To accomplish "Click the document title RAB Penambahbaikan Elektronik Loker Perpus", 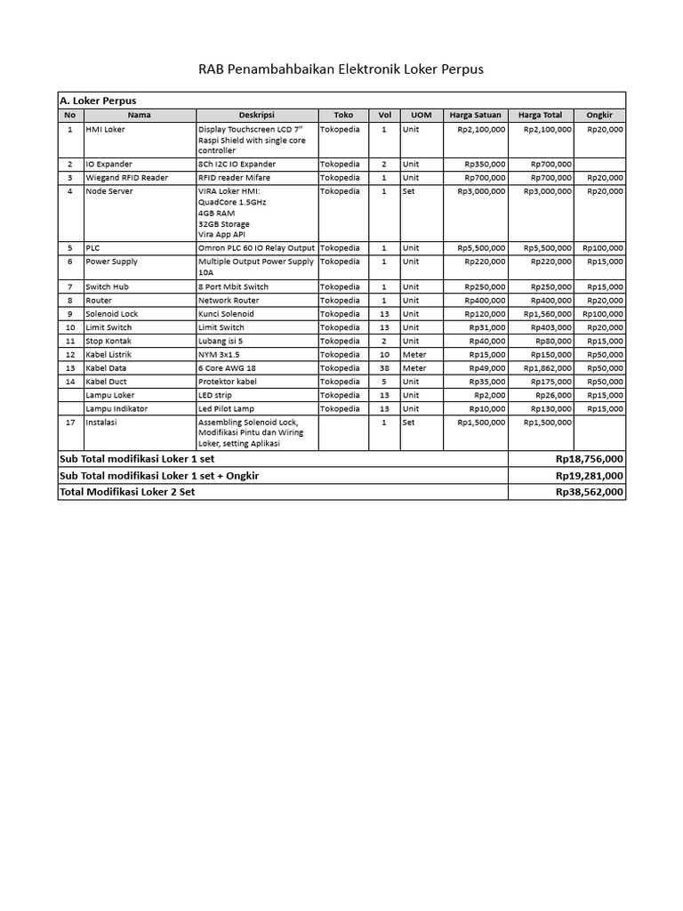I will pyautogui.click(x=341, y=69).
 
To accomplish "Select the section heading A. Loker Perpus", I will pyautogui.click(x=97, y=101).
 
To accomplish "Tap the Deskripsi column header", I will pyautogui.click(x=256, y=115).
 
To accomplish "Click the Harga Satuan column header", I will pyautogui.click(x=475, y=115).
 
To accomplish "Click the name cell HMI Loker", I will pyautogui.click(x=105, y=129).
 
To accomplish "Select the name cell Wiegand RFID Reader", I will pyautogui.click(x=126, y=178).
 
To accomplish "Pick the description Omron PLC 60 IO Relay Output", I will pyautogui.click(x=256, y=247).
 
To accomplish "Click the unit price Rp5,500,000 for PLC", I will pyautogui.click(x=481, y=247).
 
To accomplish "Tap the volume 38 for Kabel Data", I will pyautogui.click(x=384, y=367).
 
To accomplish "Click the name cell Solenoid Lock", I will pyautogui.click(x=111, y=314).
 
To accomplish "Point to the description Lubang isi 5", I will pyautogui.click(x=221, y=341).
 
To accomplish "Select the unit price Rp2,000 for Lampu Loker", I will pyautogui.click(x=490, y=395).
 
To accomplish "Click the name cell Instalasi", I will pyautogui.click(x=100, y=423).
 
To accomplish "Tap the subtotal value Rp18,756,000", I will pyautogui.click(x=589, y=459).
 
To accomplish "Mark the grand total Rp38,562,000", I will pyautogui.click(x=589, y=491).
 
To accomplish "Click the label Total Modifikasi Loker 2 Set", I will pyautogui.click(x=126, y=491).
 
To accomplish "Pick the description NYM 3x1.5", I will pyautogui.click(x=219, y=354).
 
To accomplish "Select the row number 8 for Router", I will pyautogui.click(x=69, y=301).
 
